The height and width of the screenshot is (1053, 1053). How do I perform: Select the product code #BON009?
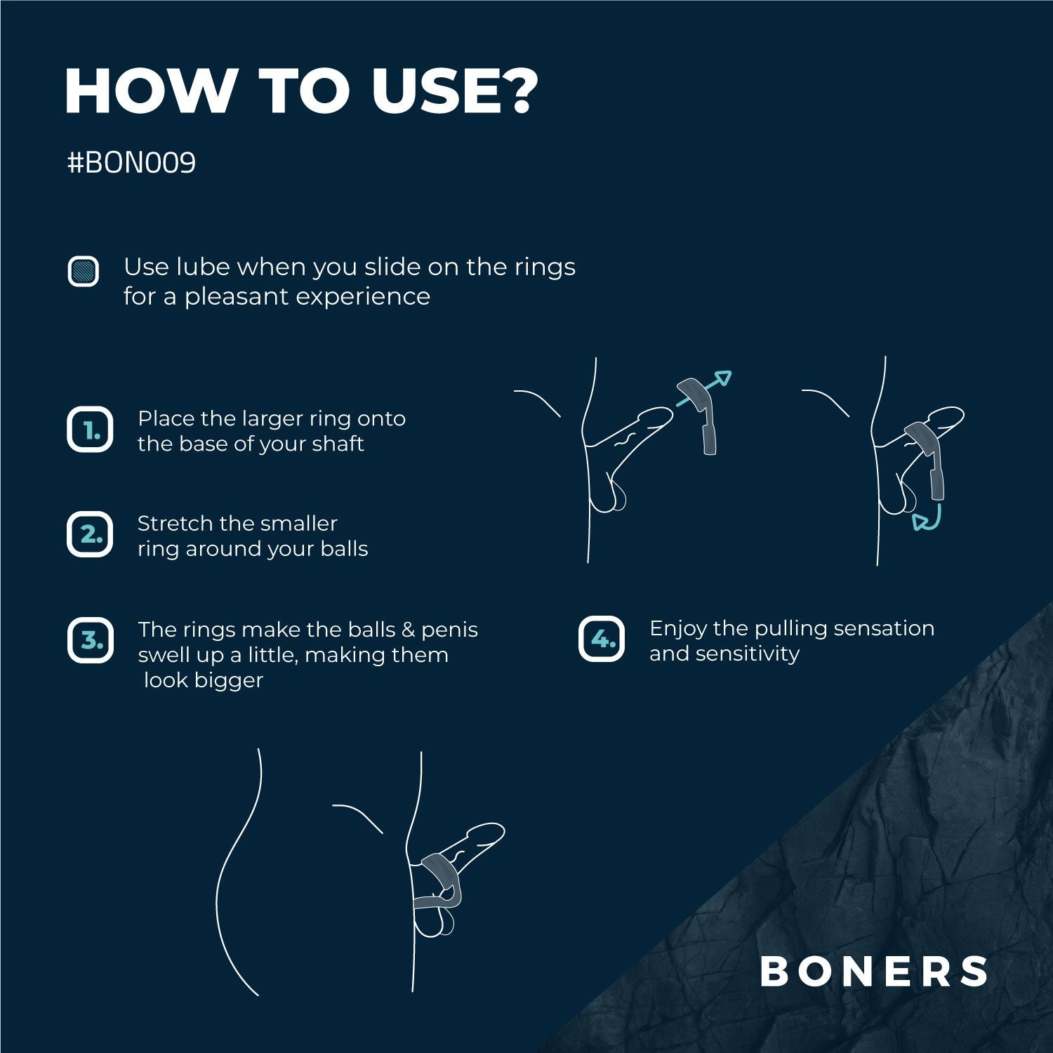click(x=131, y=163)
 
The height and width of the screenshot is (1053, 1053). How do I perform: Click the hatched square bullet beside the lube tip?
click(x=84, y=271)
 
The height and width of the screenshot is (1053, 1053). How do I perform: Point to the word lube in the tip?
click(x=202, y=267)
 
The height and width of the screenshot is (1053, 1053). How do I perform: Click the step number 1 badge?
click(x=90, y=430)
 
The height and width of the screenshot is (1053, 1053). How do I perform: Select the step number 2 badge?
click(x=90, y=534)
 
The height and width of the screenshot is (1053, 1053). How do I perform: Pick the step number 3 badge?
click(x=91, y=640)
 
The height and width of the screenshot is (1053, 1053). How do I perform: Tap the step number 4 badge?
click(x=602, y=639)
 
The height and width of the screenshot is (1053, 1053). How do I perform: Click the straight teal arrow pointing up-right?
click(x=706, y=388)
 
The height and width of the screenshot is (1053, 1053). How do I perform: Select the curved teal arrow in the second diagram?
click(x=928, y=519)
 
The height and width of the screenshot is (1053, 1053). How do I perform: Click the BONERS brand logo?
click(x=874, y=972)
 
